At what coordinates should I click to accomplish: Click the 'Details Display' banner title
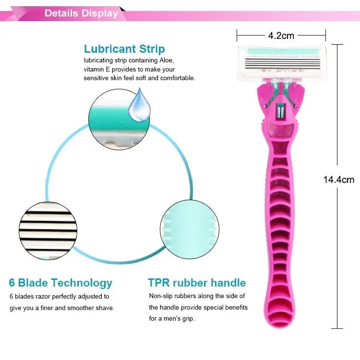click(81, 13)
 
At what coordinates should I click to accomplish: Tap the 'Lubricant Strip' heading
click(124, 49)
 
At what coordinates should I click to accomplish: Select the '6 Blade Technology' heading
click(61, 283)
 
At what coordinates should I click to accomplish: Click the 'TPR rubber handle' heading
click(197, 283)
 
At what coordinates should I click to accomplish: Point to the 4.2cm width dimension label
click(281, 35)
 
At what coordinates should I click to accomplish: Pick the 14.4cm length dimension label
click(338, 180)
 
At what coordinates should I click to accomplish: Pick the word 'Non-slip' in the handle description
click(161, 296)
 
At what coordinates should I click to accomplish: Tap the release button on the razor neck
click(279, 112)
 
